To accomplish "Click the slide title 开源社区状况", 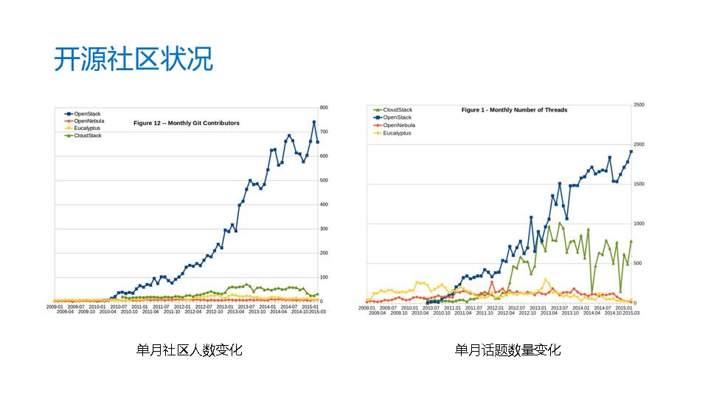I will (x=133, y=59).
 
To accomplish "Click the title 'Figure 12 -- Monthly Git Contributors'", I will (x=186, y=123).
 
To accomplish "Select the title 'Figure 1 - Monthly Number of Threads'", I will (x=514, y=110).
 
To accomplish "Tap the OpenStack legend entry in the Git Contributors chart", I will (x=81, y=113).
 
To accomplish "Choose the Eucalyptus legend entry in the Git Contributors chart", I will (x=83, y=128).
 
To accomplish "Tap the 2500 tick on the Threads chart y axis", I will (x=639, y=105).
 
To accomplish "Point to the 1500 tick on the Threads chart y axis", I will (x=639, y=184).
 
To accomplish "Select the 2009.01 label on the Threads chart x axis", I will (x=367, y=307).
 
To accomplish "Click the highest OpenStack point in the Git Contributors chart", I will (x=314, y=122).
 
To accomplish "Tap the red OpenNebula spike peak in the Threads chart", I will (x=492, y=282).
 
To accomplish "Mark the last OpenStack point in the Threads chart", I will (x=631, y=151).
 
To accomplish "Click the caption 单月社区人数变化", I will (x=189, y=350).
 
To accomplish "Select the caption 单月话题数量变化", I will (x=507, y=350).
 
